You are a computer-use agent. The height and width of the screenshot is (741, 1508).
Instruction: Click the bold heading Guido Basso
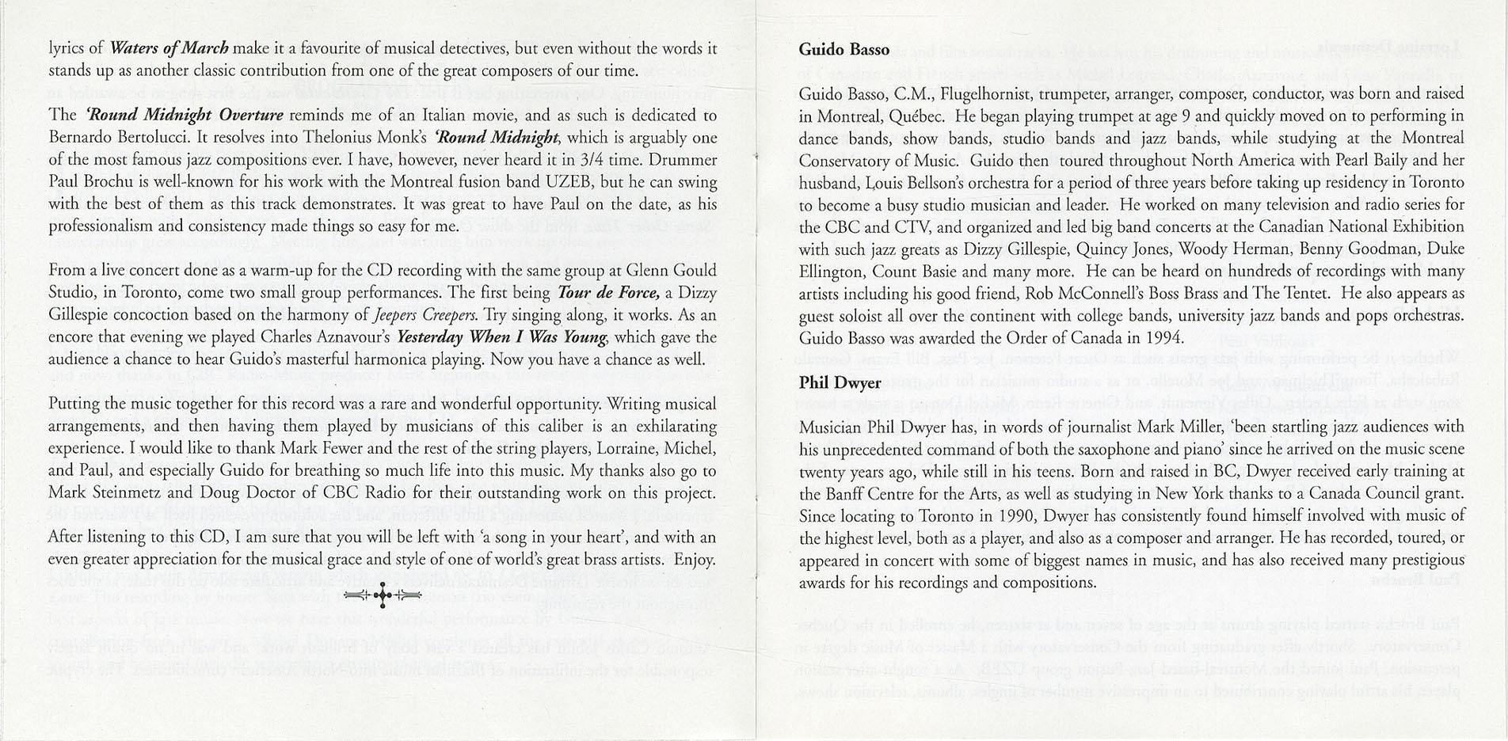tap(843, 49)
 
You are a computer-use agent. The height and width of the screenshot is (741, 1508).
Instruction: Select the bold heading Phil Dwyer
tap(840, 383)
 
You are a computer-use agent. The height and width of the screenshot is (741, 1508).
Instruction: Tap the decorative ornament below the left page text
tap(383, 595)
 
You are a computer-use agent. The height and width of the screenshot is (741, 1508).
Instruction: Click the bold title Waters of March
tap(169, 48)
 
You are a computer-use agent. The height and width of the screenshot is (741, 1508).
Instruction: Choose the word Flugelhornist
tap(985, 93)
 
